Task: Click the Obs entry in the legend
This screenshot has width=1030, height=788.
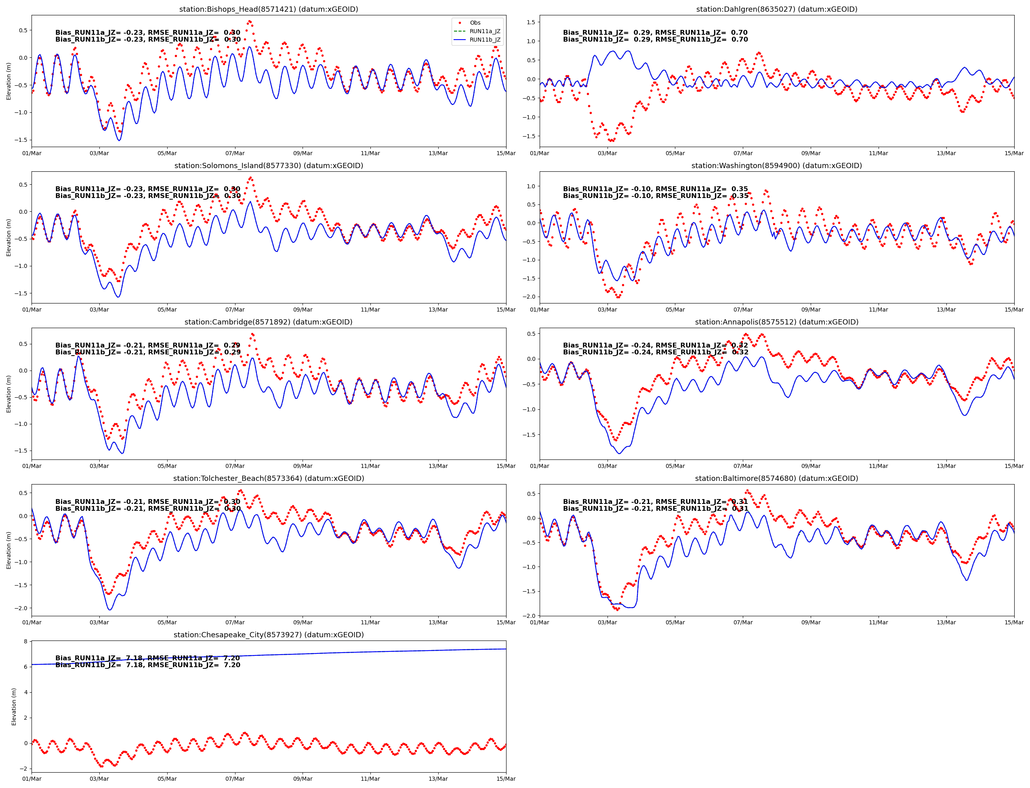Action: [x=475, y=23]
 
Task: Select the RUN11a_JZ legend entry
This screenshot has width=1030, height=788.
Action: [x=484, y=32]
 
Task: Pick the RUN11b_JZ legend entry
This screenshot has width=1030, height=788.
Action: [x=484, y=40]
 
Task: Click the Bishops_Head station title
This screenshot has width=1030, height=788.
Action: [x=268, y=9]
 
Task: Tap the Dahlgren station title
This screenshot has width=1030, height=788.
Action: [x=776, y=9]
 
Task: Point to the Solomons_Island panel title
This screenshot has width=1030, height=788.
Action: [x=268, y=166]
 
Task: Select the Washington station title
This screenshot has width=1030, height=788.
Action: [x=776, y=166]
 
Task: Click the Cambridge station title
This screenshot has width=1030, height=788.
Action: [x=268, y=322]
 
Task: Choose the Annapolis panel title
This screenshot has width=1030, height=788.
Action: [x=776, y=322]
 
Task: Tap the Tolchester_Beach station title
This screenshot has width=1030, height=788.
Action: [x=268, y=478]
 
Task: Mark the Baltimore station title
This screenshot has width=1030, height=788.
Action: [x=776, y=478]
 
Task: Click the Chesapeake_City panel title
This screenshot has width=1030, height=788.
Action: [x=268, y=634]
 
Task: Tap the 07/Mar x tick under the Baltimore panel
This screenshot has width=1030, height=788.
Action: [x=743, y=622]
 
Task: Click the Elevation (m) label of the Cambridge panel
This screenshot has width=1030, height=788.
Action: [x=8, y=394]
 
